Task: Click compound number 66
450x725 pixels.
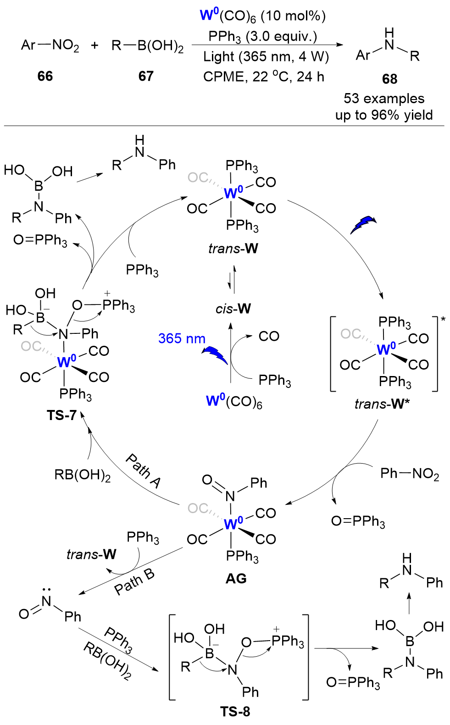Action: point(45,76)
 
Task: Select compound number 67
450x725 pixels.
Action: point(146,76)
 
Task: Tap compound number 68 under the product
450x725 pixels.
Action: point(389,79)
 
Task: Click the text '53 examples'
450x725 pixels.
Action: point(384,99)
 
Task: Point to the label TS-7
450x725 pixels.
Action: point(61,415)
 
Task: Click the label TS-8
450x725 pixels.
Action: point(235,711)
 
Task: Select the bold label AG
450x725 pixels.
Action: point(236,578)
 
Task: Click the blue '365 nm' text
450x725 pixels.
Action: point(182,338)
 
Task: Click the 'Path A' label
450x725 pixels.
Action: point(144,470)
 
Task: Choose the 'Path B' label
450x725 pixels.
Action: point(134,582)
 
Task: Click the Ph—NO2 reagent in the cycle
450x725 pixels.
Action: point(410,474)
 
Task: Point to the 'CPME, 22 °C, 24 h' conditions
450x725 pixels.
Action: point(264,76)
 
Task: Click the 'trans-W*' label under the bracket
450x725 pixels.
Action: point(382,404)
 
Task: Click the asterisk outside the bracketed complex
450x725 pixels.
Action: point(443,319)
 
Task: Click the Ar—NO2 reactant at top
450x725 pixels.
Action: point(50,45)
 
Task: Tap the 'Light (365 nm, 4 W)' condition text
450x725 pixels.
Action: point(266,56)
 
